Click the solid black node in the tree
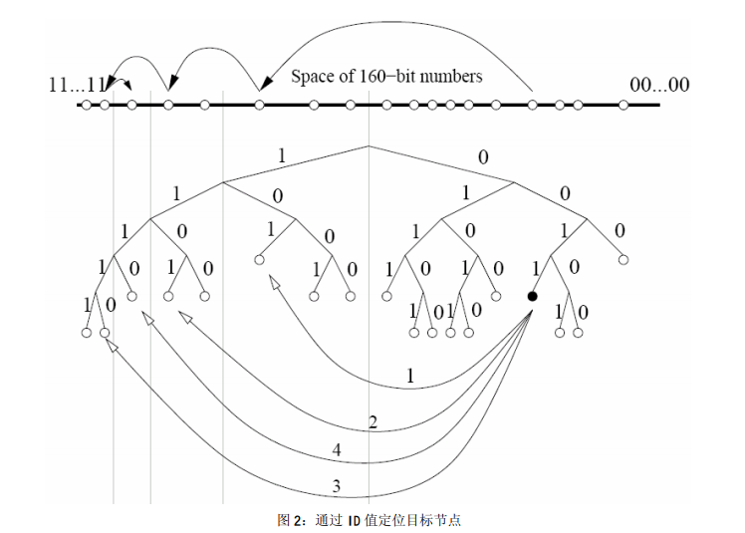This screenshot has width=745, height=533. [x=532, y=296]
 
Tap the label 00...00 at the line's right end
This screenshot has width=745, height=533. [x=658, y=85]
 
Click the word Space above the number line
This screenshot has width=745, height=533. [x=312, y=76]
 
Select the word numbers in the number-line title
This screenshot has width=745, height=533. [x=448, y=76]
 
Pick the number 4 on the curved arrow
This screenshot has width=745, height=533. [x=337, y=451]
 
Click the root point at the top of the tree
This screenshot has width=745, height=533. [x=369, y=145]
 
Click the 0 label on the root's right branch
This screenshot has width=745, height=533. [x=484, y=156]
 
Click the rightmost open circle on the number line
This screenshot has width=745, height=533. [x=623, y=104]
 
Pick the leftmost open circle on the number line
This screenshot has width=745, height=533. [x=87, y=104]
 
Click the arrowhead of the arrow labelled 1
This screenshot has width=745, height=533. [x=273, y=283]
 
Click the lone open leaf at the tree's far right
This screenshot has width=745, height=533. [x=623, y=260]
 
